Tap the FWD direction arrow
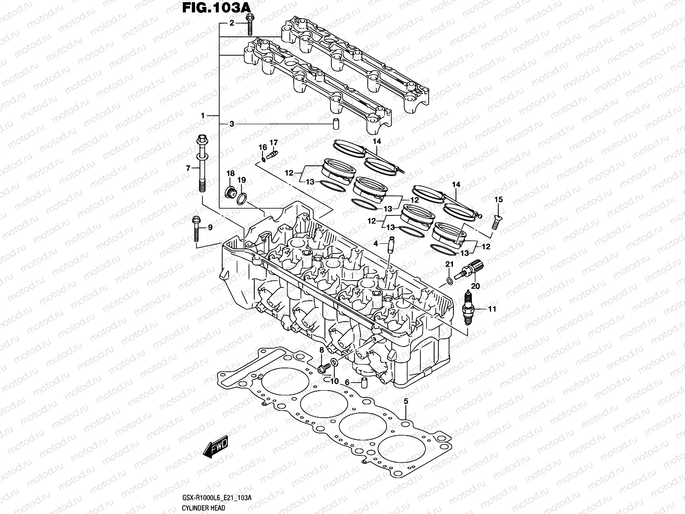tap(216, 448)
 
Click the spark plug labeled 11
tap(469, 307)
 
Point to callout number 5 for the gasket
tap(406, 401)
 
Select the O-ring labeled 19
tap(242, 199)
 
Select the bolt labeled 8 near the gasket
tap(324, 368)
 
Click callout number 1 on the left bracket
tap(204, 116)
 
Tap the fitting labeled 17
tap(272, 154)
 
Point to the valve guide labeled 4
tap(390, 246)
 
